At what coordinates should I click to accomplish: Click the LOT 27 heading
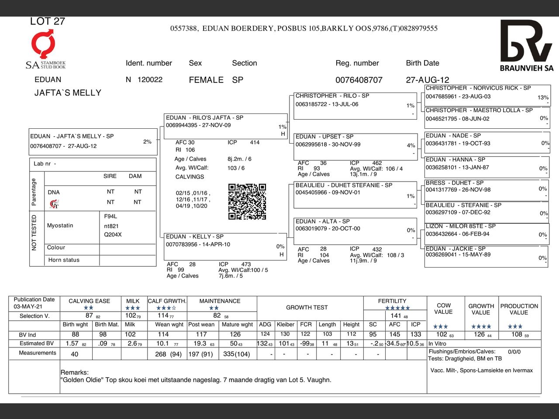[x=47, y=21]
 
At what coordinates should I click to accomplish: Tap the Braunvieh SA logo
[x=526, y=45]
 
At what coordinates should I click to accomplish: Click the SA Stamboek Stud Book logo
[x=45, y=50]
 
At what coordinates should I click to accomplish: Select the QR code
[x=247, y=201]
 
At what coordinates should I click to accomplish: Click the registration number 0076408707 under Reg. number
[x=359, y=80]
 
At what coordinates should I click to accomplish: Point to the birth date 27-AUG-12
[x=427, y=80]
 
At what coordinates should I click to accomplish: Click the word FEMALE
[x=206, y=80]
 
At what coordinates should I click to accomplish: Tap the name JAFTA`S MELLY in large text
[x=68, y=93]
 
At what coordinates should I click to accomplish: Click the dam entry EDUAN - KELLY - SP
[x=194, y=237]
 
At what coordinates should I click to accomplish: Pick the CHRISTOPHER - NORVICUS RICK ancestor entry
[x=478, y=88]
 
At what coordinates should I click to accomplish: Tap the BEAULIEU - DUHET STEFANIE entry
[x=344, y=185]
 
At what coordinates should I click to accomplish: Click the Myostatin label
[x=60, y=226]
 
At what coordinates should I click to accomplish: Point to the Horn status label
[x=64, y=260]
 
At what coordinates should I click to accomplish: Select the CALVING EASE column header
[x=89, y=301]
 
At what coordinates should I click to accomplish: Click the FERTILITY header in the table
[x=392, y=301]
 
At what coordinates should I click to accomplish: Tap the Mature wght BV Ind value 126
[x=235, y=334]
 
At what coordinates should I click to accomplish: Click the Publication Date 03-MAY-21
[x=28, y=306]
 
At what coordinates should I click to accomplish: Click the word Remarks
[x=74, y=372]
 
